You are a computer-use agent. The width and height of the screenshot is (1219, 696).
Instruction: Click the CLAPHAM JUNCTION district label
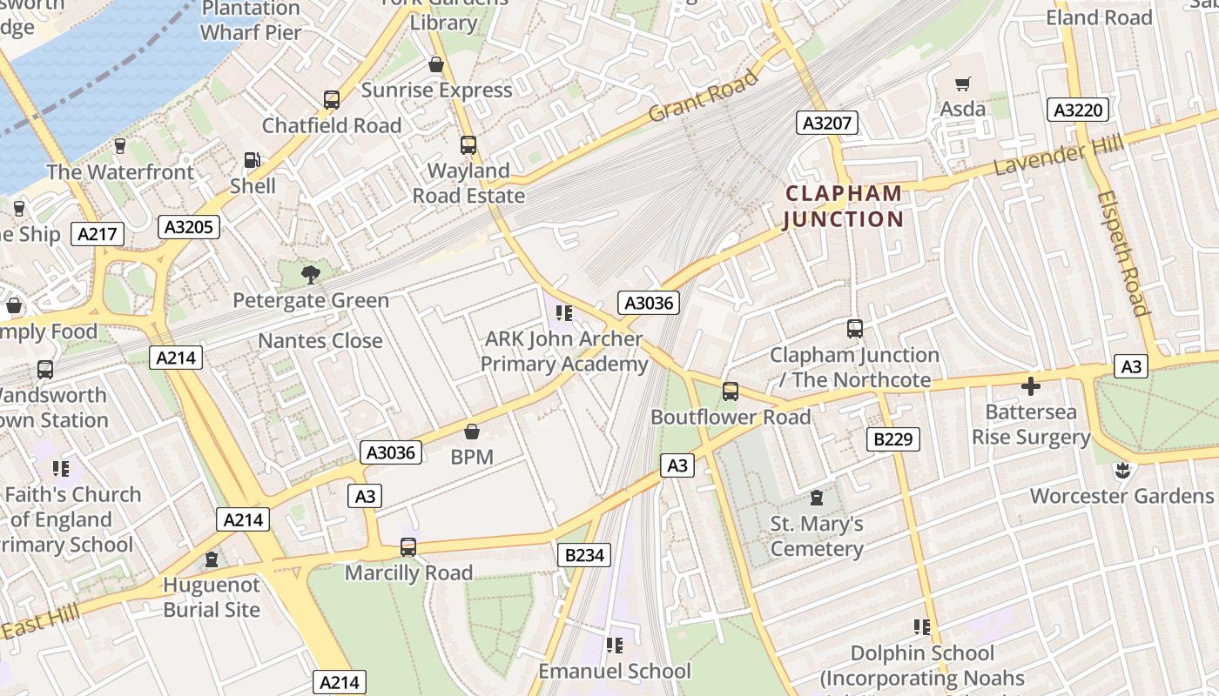pyautogui.click(x=843, y=206)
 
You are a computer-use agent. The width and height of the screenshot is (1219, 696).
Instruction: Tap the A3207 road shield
pyautogui.click(x=826, y=123)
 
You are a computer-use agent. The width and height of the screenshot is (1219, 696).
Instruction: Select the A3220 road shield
pyautogui.click(x=1078, y=110)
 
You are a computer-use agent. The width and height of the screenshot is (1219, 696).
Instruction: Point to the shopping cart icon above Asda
pyautogui.click(x=962, y=84)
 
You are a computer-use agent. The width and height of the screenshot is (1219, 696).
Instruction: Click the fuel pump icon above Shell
pyautogui.click(x=252, y=160)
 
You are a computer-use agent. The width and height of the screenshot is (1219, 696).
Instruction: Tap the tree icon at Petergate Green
pyautogui.click(x=310, y=275)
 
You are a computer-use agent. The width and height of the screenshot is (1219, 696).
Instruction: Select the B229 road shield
pyautogui.click(x=893, y=439)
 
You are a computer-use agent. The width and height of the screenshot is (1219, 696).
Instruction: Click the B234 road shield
pyautogui.click(x=583, y=554)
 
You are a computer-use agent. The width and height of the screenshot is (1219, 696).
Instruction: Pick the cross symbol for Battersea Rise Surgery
pyautogui.click(x=1031, y=385)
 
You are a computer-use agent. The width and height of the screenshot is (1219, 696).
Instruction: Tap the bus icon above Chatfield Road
pyautogui.click(x=332, y=99)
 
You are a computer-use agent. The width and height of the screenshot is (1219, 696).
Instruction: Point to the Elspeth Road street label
pyautogui.click(x=1123, y=252)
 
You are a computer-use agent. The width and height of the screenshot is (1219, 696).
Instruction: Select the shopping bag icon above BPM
pyautogui.click(x=472, y=432)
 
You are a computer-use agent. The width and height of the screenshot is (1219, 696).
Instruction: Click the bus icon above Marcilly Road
pyautogui.click(x=407, y=547)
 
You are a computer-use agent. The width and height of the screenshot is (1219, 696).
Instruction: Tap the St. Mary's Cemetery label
pyautogui.click(x=817, y=536)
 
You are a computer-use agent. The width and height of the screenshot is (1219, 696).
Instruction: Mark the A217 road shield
pyautogui.click(x=98, y=234)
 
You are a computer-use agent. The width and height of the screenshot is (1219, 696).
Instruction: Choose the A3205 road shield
pyautogui.click(x=189, y=227)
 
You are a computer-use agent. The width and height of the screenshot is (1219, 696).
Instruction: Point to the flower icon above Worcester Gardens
pyautogui.click(x=1121, y=471)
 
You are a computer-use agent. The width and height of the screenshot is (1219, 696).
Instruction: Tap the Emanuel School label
pyautogui.click(x=614, y=671)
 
